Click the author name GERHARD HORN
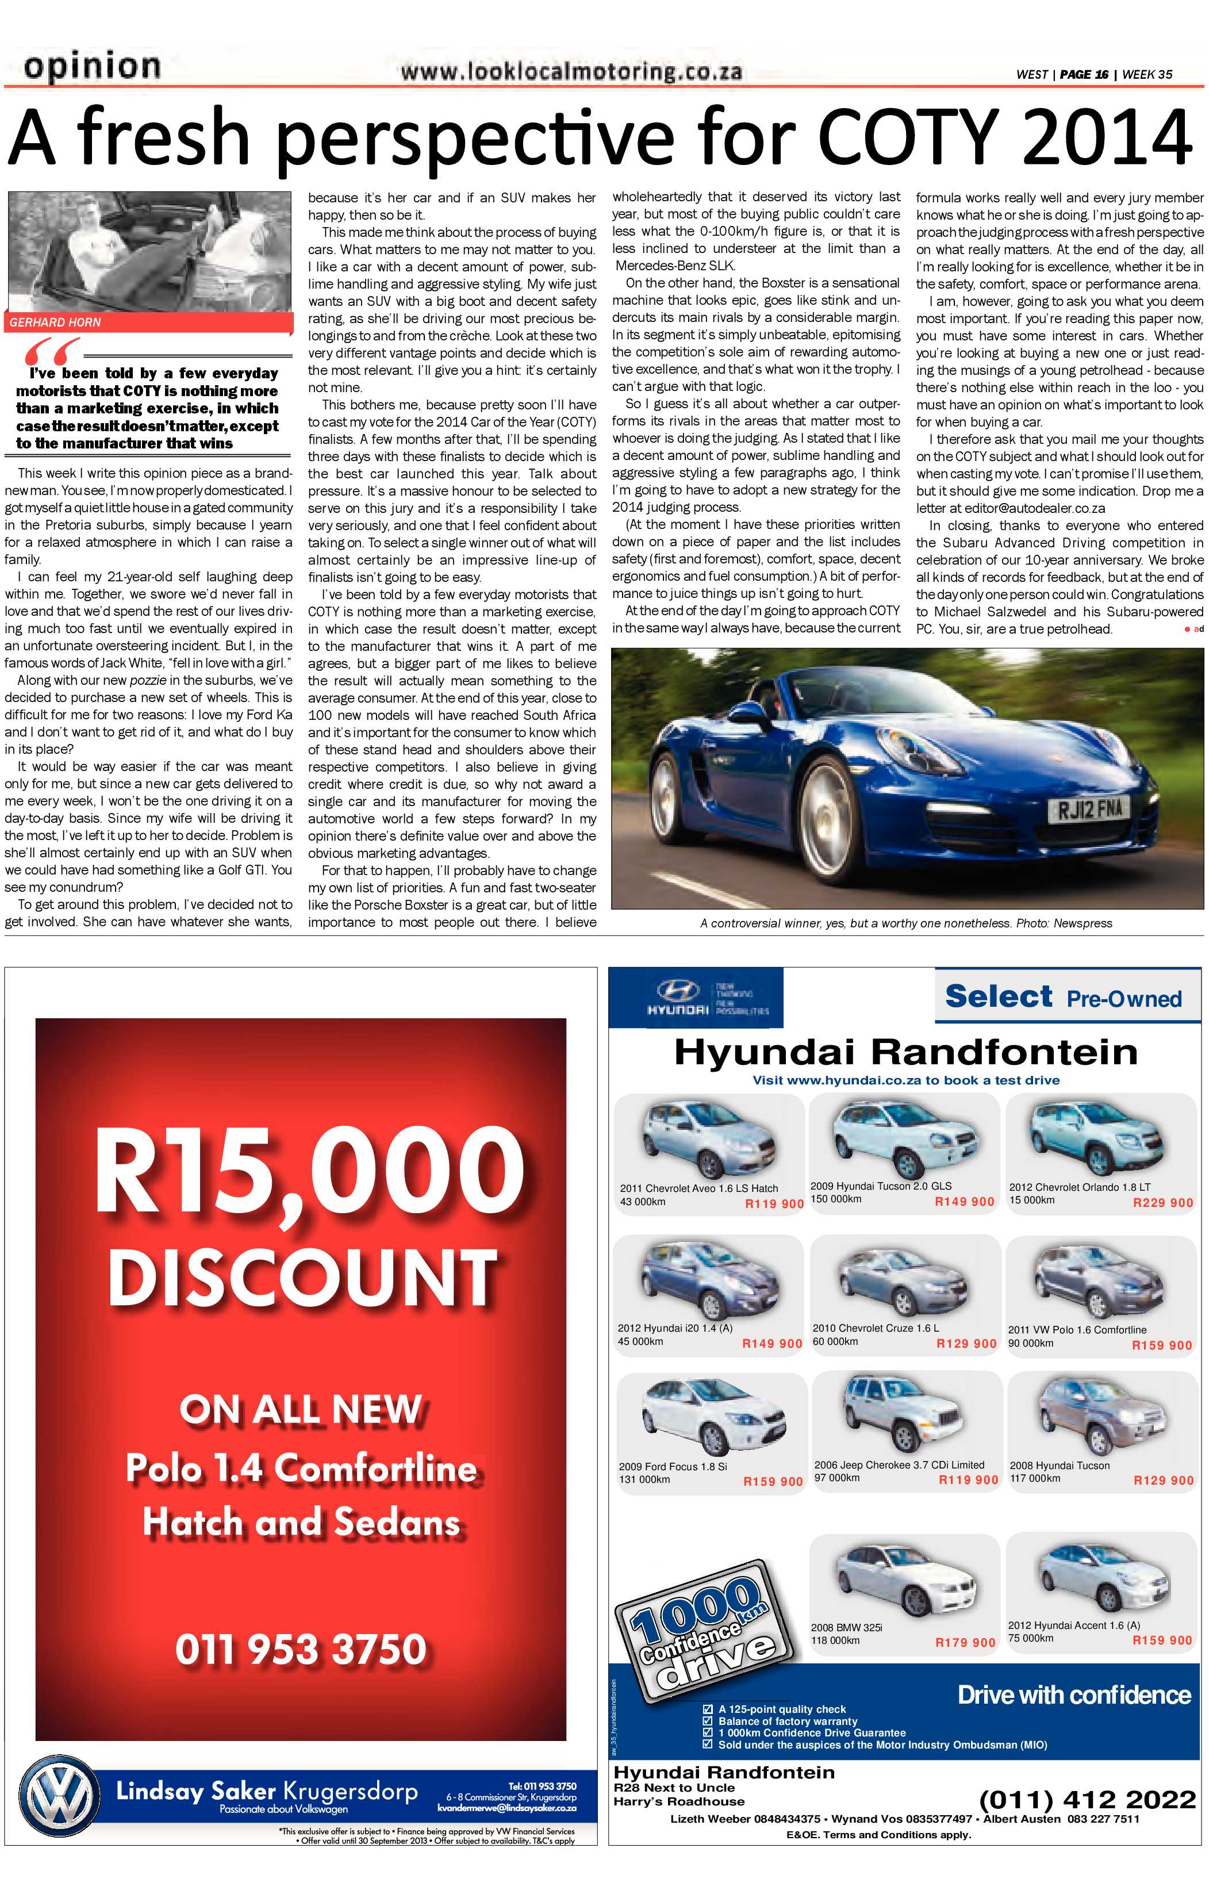[x=55, y=322]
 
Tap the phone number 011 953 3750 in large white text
[x=301, y=1650]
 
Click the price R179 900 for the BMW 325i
[x=965, y=1642]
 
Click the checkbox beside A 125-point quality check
[x=708, y=1708]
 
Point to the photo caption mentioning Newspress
[x=905, y=923]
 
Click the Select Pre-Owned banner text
[x=1063, y=998]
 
